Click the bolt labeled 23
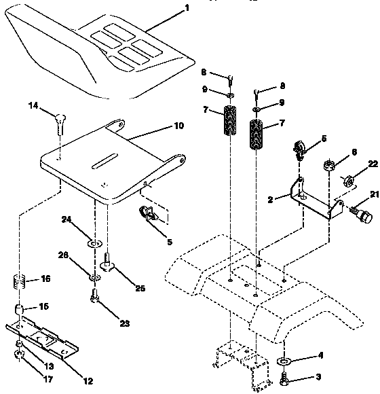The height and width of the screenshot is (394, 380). pos(96,295)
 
